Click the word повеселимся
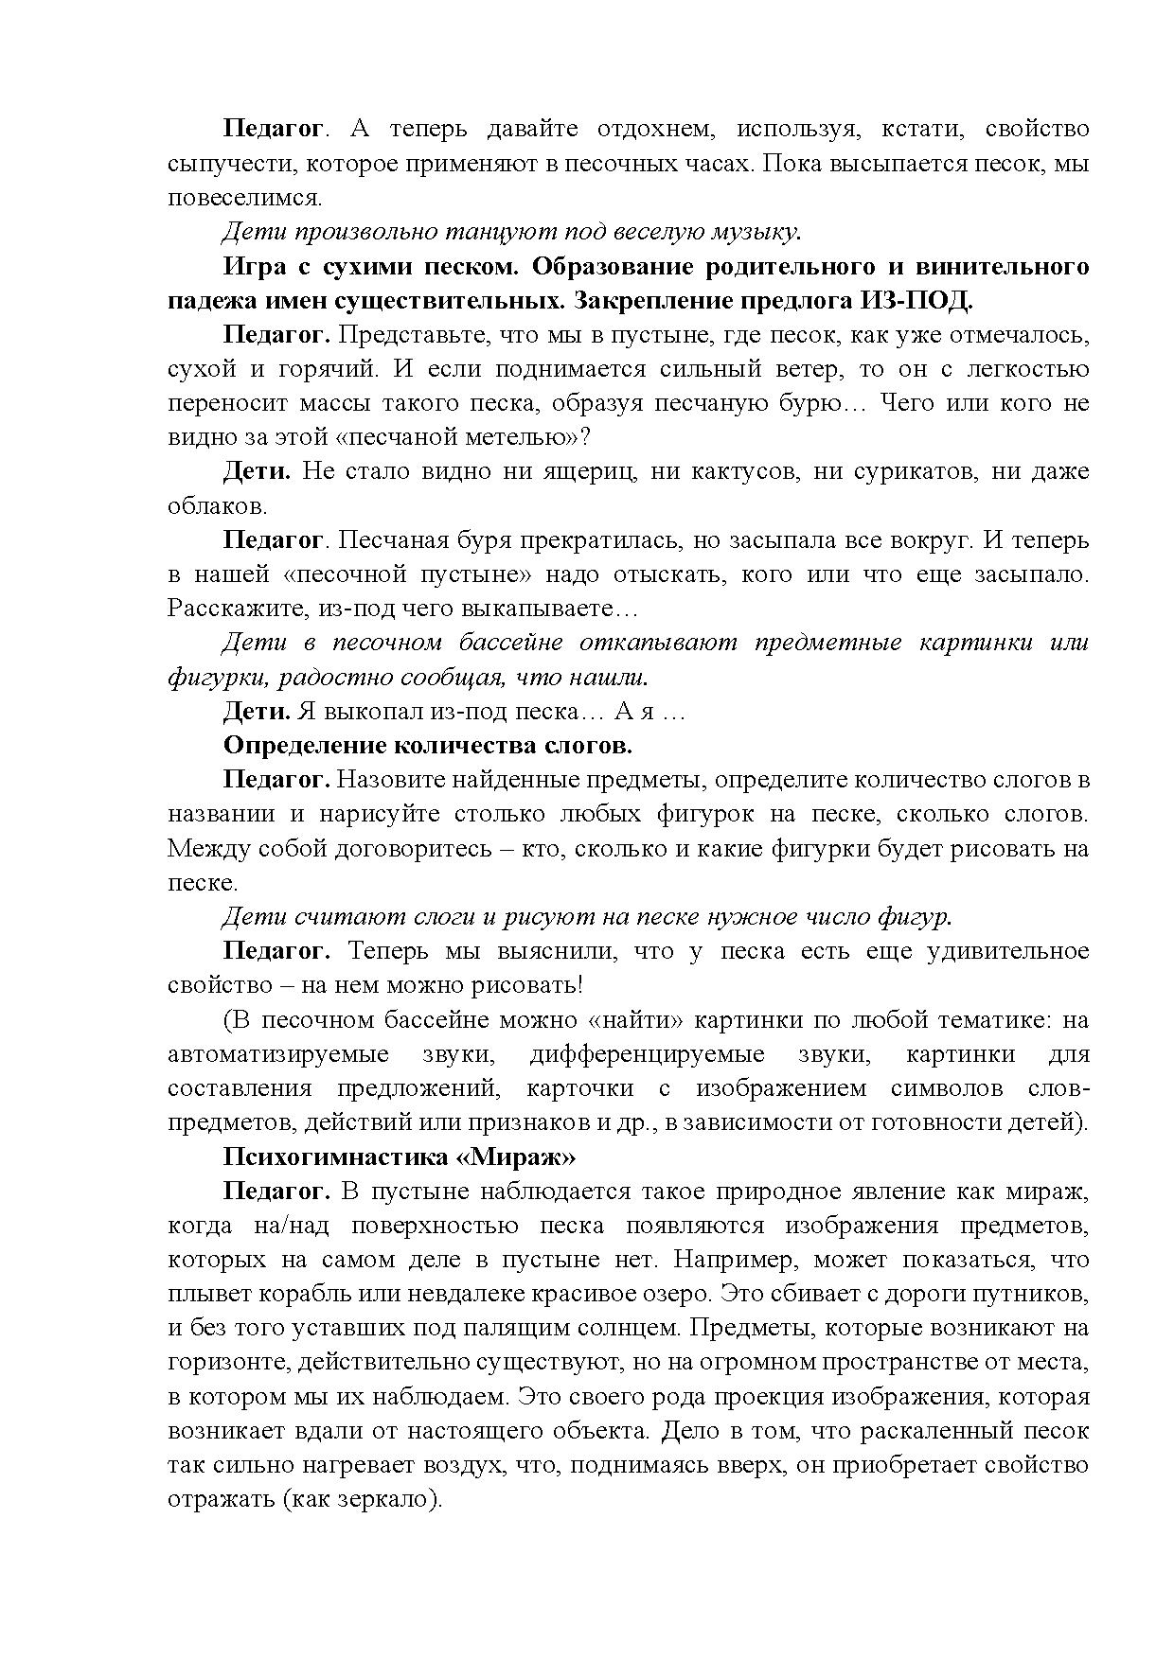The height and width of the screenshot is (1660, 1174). [x=244, y=198]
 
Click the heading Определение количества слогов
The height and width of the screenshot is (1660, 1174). [x=427, y=745]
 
